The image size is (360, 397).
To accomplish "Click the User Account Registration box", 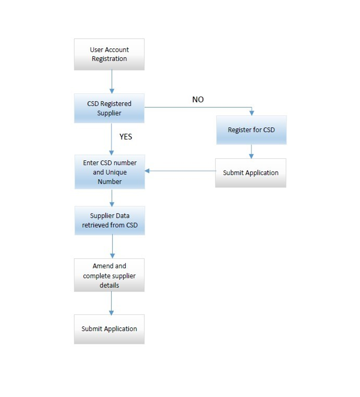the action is coord(109,54).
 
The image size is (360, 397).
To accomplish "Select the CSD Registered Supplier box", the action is coord(109,109).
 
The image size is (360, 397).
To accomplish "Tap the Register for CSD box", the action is coord(252,130).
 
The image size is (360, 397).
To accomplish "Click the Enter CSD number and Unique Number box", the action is coord(110,172).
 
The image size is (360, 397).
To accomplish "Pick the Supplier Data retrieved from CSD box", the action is coord(110,220).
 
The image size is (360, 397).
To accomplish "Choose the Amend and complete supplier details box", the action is coord(109,275).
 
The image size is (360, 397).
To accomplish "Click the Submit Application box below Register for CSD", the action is coord(251,173).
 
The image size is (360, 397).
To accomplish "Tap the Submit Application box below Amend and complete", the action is coord(109,329).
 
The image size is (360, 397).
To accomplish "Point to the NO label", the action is coord(198,99).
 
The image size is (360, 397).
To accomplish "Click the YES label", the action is coord(126,137).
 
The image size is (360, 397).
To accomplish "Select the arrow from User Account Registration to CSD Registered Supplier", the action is coord(112,82).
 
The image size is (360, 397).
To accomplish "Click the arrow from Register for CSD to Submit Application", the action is coord(251,151).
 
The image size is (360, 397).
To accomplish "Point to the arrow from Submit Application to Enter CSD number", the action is coord(180,171).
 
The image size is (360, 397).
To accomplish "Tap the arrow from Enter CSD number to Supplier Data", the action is coord(112,198).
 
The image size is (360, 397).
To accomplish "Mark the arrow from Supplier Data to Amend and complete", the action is coord(112,247).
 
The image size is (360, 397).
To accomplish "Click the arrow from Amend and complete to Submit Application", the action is coord(111,303).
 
